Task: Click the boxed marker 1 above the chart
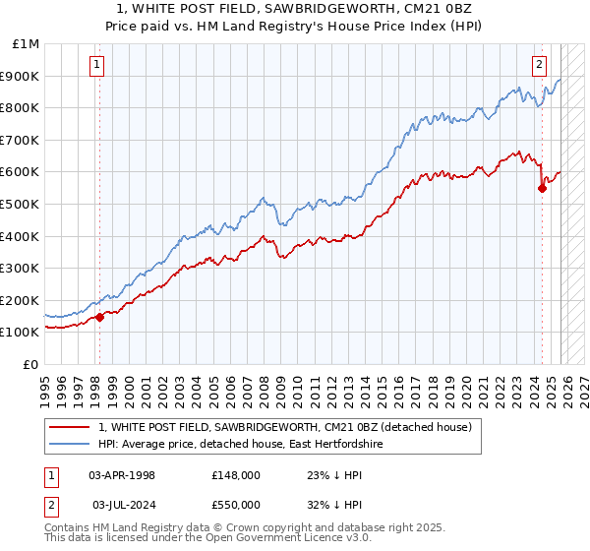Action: (x=98, y=66)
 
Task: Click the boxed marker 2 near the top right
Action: (x=540, y=66)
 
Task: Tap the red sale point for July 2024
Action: (x=542, y=188)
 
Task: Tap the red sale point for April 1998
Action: (x=99, y=317)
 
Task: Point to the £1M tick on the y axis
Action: (x=27, y=44)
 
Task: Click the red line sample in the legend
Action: (x=70, y=427)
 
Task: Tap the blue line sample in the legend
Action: (x=70, y=445)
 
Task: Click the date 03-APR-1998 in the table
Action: (x=122, y=474)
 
